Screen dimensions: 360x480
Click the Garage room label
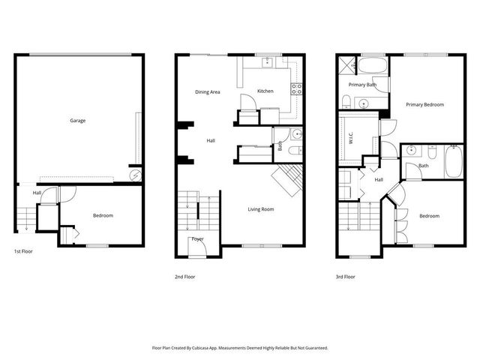77,121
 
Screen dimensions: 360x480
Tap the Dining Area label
208,92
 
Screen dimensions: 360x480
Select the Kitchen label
265,91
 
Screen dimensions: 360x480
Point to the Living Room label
261,209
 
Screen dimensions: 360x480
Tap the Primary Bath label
362,85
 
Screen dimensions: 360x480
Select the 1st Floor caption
23,251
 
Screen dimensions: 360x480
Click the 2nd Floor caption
184,277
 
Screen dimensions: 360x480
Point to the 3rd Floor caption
345,277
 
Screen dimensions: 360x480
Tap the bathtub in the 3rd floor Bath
454,162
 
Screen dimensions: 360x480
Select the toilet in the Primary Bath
346,101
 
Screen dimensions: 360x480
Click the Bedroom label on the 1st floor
103,216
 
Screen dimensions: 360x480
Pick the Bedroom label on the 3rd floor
429,216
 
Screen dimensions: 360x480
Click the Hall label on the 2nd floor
211,140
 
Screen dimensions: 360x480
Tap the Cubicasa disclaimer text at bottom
239,348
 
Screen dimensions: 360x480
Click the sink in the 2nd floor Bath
295,136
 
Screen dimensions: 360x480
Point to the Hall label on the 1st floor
37,193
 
